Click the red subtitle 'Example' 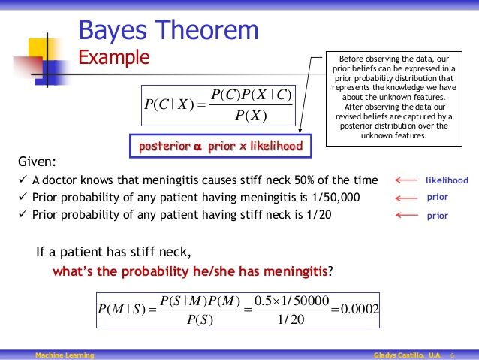114,57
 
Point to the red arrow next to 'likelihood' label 406,180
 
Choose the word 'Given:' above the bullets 36,162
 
